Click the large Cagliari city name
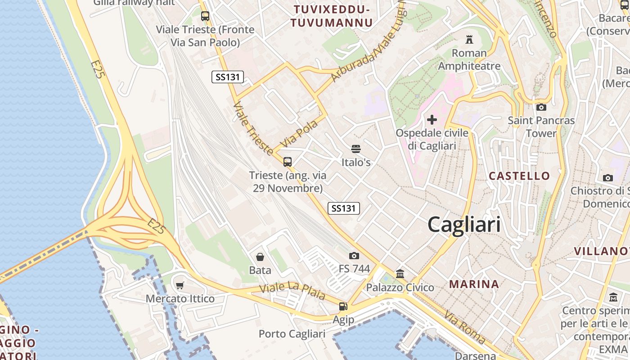pos(464,224)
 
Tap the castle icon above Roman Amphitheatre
pos(469,40)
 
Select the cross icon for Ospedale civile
pos(432,120)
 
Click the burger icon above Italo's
pos(356,149)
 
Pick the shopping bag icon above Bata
pos(260,257)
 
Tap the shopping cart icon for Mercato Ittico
pos(180,285)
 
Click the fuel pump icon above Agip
pos(343,306)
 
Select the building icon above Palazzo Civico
pos(400,274)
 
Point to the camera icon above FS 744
pos(354,256)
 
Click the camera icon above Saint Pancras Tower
pos(541,107)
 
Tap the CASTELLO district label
pos(519,176)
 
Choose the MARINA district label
pos(474,284)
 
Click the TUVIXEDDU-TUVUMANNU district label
pos(331,16)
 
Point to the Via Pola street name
pos(299,133)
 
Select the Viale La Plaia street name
pos(292,292)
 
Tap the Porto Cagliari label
pos(292,334)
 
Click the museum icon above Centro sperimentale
pos(613,297)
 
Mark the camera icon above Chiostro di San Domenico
pos(608,178)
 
